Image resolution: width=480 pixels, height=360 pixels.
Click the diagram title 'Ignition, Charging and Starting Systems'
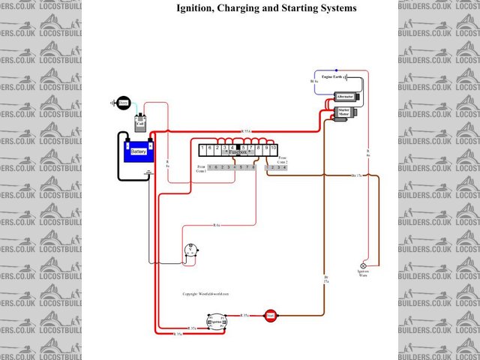pyautogui.click(x=266, y=8)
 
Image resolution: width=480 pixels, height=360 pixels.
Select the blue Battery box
pyautogui.click(x=139, y=151)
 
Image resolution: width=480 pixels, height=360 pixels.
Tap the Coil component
pyautogui.click(x=139, y=123)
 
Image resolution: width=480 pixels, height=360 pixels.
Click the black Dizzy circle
pyautogui.click(x=122, y=103)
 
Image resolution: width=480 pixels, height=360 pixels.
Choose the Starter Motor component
pyautogui.click(x=344, y=113)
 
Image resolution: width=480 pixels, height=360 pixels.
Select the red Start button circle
pyautogui.click(x=270, y=316)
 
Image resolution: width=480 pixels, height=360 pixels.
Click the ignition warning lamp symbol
pyautogui.click(x=364, y=265)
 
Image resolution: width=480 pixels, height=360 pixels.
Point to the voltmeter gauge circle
pyautogui.click(x=192, y=253)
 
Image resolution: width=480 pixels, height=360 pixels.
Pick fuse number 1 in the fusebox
pyautogui.click(x=203, y=150)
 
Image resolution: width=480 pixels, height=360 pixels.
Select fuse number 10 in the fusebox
pyautogui.click(x=274, y=150)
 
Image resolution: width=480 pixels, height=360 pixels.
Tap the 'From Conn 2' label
pyautogui.click(x=283, y=160)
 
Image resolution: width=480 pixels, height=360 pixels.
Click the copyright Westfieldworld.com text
pyautogui.click(x=205, y=295)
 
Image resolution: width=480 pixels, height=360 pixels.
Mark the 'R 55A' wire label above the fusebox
pyautogui.click(x=246, y=132)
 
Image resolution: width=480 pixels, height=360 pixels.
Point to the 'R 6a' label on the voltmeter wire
pyautogui.click(x=216, y=225)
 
